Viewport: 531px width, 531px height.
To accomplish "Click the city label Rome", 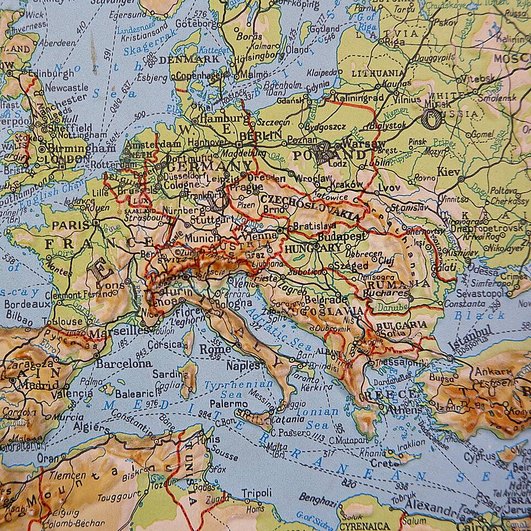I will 215,349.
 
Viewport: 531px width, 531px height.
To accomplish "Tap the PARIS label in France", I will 71,225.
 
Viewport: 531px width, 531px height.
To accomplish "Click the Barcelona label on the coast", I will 124,364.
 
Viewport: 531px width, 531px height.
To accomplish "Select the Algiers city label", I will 91,428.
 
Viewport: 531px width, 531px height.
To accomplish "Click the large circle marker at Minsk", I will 432,118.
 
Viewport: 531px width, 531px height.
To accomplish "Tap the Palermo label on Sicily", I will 228,404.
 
